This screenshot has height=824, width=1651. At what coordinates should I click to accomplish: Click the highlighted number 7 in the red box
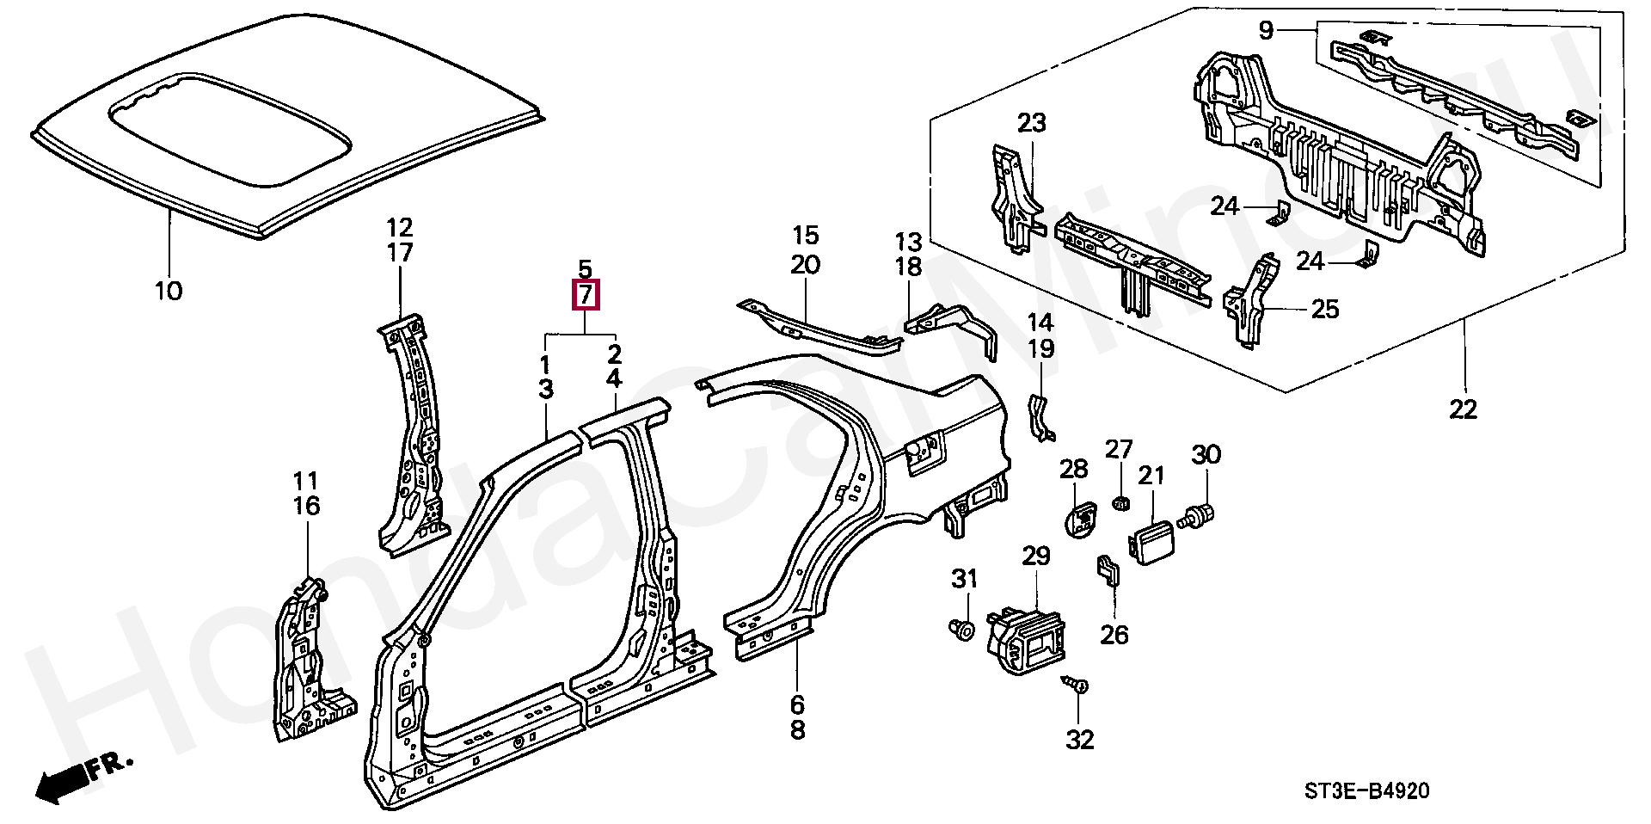(x=585, y=295)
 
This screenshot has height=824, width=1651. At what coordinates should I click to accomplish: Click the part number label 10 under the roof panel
(x=169, y=291)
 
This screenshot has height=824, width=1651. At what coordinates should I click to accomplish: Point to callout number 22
(x=1463, y=409)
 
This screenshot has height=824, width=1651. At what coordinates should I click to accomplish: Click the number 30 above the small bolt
(x=1206, y=454)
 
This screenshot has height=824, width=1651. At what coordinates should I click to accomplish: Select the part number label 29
(x=1036, y=556)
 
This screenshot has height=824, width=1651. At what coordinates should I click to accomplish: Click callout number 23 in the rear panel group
(x=1032, y=123)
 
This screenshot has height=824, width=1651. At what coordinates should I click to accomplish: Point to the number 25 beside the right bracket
(x=1326, y=308)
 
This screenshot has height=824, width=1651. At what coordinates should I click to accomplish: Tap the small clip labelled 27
(x=1120, y=502)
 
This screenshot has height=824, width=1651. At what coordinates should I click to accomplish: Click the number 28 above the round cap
(x=1074, y=469)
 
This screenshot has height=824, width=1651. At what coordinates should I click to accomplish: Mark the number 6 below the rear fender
(x=797, y=705)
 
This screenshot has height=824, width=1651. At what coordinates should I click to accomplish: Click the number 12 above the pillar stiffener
(x=400, y=228)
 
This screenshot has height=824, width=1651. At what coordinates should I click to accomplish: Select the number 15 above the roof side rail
(x=806, y=235)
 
